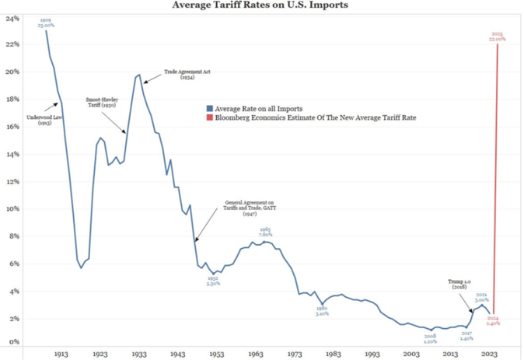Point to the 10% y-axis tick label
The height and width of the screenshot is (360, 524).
(13, 209)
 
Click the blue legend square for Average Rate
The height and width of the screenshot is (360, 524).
(209, 108)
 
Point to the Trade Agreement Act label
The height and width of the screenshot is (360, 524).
(187, 75)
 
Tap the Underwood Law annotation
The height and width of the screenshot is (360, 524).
(43, 120)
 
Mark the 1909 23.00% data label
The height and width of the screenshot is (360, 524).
(46, 22)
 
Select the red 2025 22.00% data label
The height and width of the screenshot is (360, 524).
(498, 36)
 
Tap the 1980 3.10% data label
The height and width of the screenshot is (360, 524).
(322, 311)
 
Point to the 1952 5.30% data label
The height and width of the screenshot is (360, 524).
(212, 281)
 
